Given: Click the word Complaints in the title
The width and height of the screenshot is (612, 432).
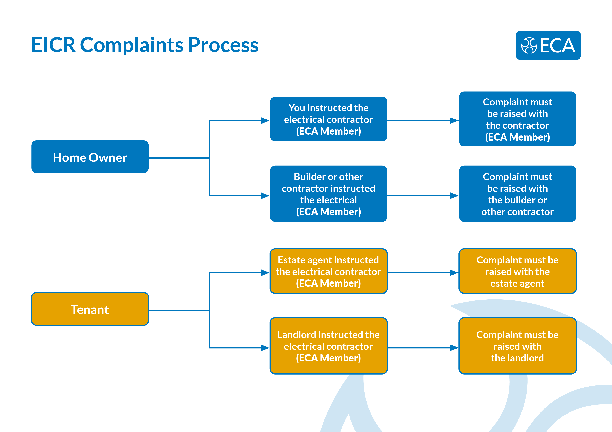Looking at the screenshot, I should [x=132, y=45].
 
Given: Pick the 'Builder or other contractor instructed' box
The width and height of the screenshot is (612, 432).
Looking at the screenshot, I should [x=328, y=194].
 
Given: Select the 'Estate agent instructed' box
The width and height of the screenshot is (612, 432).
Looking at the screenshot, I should [x=328, y=271].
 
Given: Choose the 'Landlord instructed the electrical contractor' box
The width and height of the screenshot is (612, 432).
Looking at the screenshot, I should [x=328, y=346].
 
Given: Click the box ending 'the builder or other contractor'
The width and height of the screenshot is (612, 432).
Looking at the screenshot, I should [x=517, y=194].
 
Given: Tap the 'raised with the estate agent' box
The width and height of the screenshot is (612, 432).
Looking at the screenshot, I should [x=517, y=271].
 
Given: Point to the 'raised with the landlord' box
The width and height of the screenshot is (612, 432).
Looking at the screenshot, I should [x=517, y=346].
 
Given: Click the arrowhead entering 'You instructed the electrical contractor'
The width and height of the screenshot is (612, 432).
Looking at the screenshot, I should [x=265, y=121].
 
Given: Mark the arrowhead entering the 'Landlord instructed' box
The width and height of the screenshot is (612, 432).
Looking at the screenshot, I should [x=265, y=348].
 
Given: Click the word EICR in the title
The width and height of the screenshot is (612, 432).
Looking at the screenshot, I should [x=53, y=45].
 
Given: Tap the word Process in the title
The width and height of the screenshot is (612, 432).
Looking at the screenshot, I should [x=223, y=45].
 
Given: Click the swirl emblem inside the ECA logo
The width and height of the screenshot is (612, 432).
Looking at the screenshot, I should [x=529, y=45].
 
